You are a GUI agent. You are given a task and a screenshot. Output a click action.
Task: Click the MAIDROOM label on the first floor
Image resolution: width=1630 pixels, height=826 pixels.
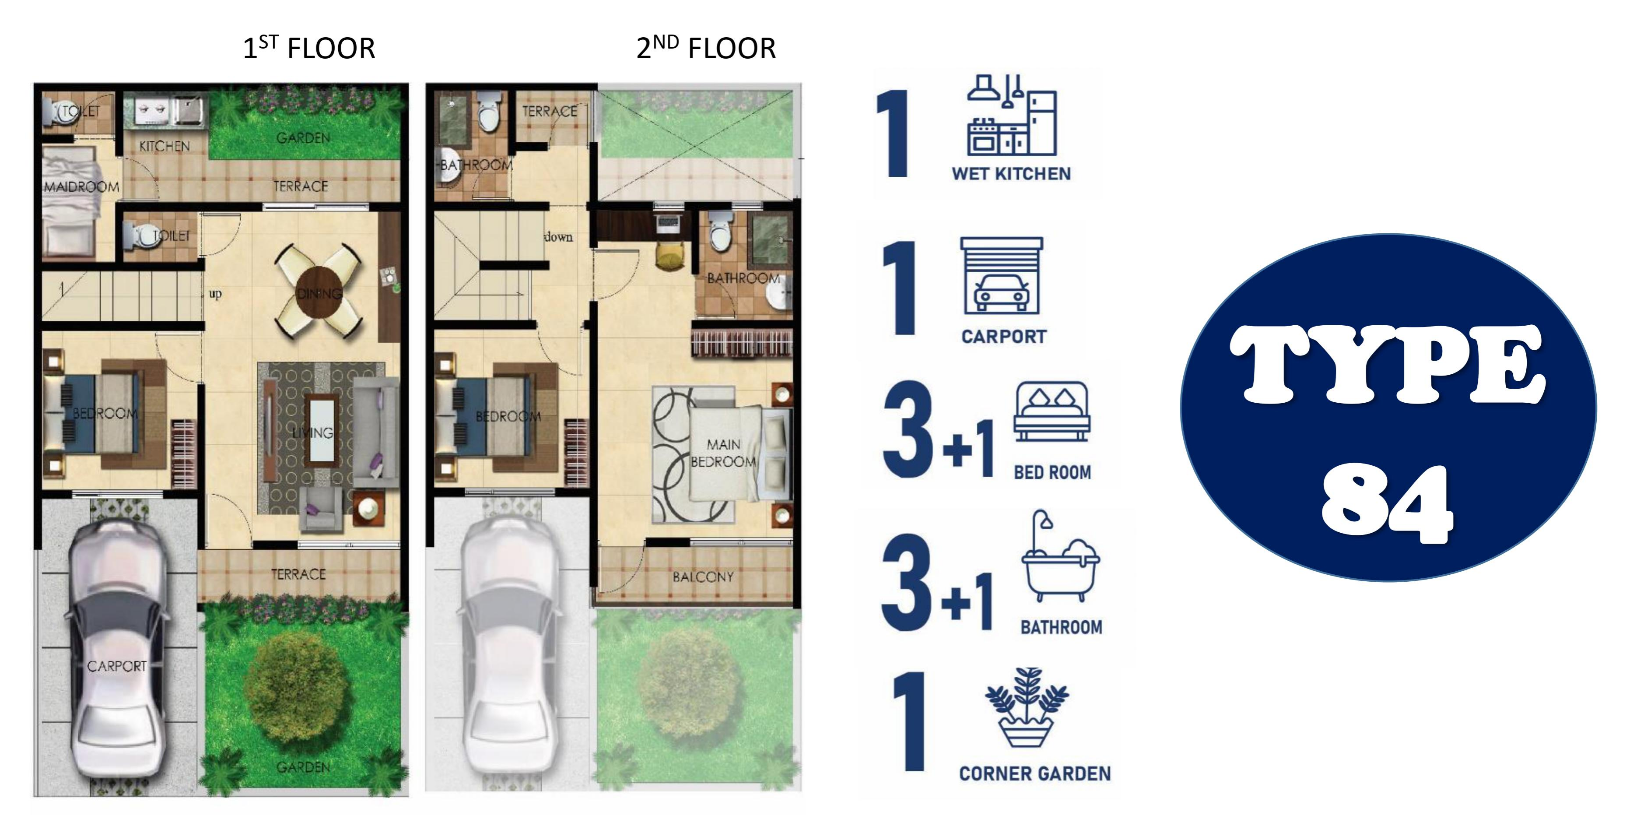pyautogui.click(x=82, y=187)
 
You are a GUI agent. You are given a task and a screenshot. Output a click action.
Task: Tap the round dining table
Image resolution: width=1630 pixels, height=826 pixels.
pyautogui.click(x=319, y=292)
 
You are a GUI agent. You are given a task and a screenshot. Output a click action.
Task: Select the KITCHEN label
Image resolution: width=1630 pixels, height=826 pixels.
pyautogui.click(x=165, y=146)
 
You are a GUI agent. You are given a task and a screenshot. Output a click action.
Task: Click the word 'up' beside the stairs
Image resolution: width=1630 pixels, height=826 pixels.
pyautogui.click(x=215, y=294)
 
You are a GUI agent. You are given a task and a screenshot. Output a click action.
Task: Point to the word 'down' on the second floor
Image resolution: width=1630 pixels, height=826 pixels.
pyautogui.click(x=559, y=237)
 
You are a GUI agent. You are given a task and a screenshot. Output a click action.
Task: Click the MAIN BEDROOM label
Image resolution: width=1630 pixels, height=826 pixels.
pyautogui.click(x=723, y=453)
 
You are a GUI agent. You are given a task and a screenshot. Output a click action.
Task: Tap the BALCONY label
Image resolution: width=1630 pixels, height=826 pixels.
pyautogui.click(x=703, y=576)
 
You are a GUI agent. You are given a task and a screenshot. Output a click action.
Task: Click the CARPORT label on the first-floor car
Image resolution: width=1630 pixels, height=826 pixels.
pyautogui.click(x=117, y=666)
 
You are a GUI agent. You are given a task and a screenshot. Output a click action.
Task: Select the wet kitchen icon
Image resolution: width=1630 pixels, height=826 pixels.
pyautogui.click(x=1012, y=115)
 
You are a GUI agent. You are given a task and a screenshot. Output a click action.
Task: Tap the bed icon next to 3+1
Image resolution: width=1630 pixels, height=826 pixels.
pyautogui.click(x=1052, y=411)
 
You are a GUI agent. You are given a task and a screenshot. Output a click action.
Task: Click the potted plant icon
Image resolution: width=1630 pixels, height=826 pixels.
pyautogui.click(x=1026, y=707)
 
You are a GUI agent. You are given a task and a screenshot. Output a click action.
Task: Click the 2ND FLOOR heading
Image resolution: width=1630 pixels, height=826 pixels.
pyautogui.click(x=706, y=48)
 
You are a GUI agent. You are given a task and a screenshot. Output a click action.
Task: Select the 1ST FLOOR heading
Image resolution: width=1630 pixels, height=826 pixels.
pyautogui.click(x=309, y=48)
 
